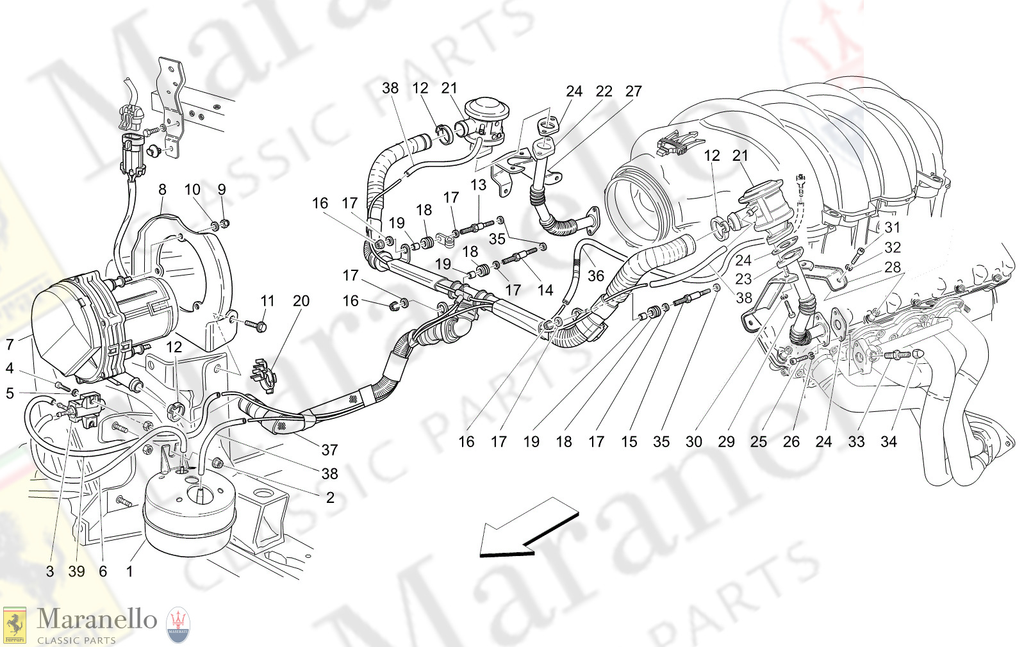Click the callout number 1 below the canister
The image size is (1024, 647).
coord(129,571)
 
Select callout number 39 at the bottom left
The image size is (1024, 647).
coord(76,571)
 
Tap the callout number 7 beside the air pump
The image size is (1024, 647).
coord(10,345)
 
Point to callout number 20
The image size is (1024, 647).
coord(301,301)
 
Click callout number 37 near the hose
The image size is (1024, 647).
coord(329,450)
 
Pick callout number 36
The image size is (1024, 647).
coord(596,275)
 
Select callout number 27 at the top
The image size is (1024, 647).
coord(633,92)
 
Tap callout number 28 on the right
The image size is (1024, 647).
coord(892,267)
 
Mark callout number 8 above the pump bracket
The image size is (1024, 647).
coord(162,189)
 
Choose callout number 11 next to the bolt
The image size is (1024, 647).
coord(267,301)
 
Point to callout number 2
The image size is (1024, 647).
coord(330,497)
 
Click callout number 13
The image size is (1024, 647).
coord(478,185)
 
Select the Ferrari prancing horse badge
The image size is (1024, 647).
coord(14,625)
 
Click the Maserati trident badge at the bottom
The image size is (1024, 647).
coord(178,625)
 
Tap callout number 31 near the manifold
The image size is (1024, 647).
coord(892,227)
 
